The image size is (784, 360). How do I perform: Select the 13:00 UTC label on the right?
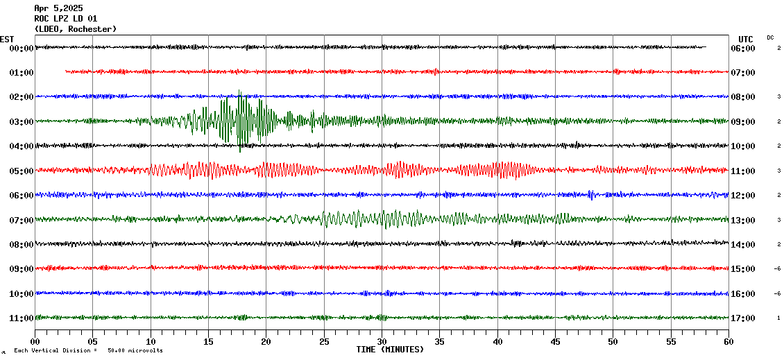pyautogui.click(x=743, y=221)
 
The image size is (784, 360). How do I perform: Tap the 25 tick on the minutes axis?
pyautogui.click(x=324, y=341)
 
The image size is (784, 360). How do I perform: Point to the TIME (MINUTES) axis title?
pyautogui.click(x=390, y=350)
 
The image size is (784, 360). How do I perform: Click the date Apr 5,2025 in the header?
pyautogui.click(x=58, y=8)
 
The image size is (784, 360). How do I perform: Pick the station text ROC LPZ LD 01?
pyautogui.click(x=66, y=19)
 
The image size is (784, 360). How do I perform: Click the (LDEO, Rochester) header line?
pyautogui.click(x=76, y=29)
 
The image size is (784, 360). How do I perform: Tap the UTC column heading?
pyautogui.click(x=746, y=39)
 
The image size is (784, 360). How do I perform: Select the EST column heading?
pyautogui.click(x=7, y=39)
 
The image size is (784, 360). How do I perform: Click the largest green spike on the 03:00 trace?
pyautogui.click(x=240, y=121)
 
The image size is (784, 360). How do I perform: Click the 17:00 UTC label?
pyautogui.click(x=743, y=318)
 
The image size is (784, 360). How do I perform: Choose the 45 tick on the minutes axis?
pyautogui.click(x=555, y=341)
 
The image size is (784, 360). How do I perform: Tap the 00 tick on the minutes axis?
pyautogui.click(x=35, y=341)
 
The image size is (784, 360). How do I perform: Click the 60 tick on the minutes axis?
pyautogui.click(x=728, y=341)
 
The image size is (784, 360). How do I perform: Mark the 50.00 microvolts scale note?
pyautogui.click(x=135, y=350)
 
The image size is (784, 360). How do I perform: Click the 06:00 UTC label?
pyautogui.click(x=743, y=49)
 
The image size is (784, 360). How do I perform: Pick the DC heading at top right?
pyautogui.click(x=770, y=37)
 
